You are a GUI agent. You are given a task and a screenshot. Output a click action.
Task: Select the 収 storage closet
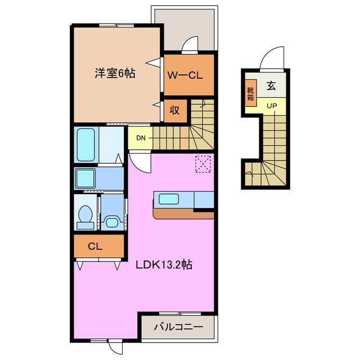coord(174,110)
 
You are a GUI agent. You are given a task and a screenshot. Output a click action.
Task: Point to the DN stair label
coord(141,138)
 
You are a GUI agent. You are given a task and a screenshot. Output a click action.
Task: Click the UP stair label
coord(272,106)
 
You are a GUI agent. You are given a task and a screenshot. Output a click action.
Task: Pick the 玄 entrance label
coord(271,86)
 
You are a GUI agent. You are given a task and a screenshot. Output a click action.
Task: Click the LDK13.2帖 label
coord(164,264)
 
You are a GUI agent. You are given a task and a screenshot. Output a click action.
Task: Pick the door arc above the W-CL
coord(191,44)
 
